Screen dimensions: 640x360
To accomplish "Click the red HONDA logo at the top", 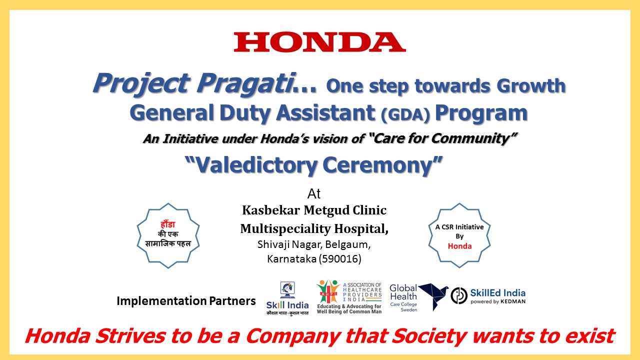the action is tap(319, 42).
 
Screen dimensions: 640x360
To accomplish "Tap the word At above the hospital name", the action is tap(313, 194).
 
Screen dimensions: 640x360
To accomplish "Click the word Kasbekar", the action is tap(271, 210).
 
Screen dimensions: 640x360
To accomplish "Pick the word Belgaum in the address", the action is tap(347, 245).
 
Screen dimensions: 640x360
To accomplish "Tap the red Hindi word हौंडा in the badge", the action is tap(167, 224).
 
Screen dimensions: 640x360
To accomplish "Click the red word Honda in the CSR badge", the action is tap(459, 246).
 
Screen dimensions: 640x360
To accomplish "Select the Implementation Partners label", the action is tap(186, 301).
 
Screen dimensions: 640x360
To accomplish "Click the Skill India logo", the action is tap(287, 298).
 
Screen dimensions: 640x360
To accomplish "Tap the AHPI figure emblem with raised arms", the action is tap(328, 291).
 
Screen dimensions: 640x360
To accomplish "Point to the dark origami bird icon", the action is tap(433, 296).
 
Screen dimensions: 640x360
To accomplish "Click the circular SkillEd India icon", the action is tap(459, 295).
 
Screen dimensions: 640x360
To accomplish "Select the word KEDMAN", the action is tap(513, 301).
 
